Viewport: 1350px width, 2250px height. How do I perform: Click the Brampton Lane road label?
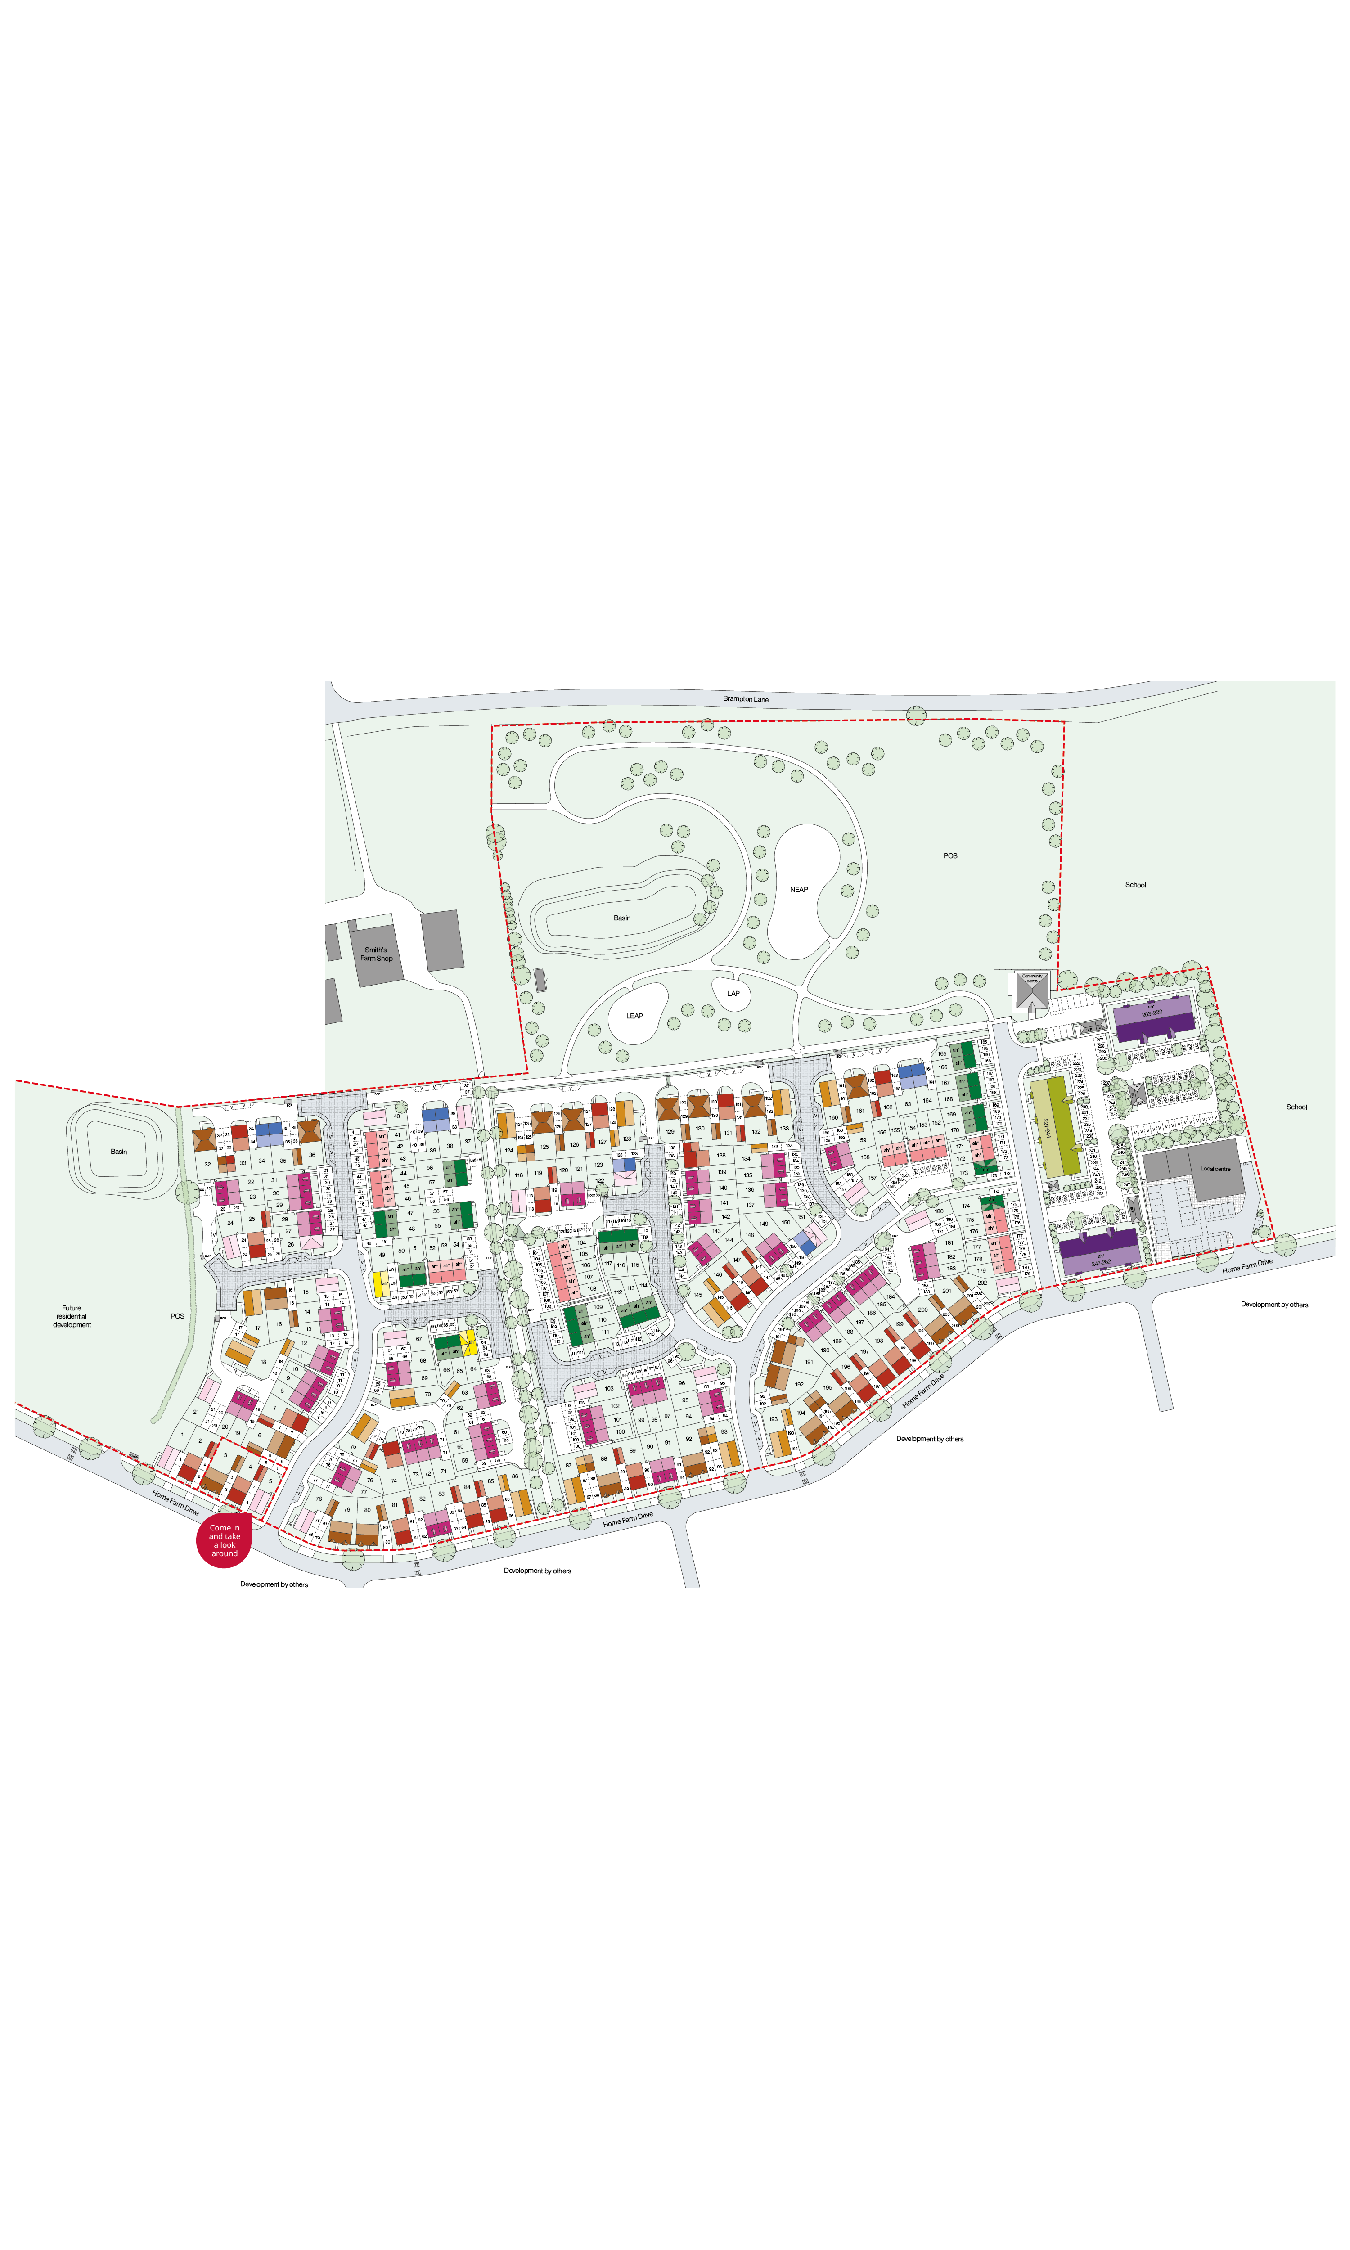pyautogui.click(x=745, y=699)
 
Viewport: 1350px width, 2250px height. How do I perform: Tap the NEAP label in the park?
pyautogui.click(x=799, y=890)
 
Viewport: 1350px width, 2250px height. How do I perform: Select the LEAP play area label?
pyautogui.click(x=634, y=1016)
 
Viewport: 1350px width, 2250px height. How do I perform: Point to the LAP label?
pyautogui.click(x=733, y=993)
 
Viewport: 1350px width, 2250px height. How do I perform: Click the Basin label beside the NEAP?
pyautogui.click(x=621, y=918)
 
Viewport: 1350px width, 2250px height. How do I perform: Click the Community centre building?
pyautogui.click(x=1032, y=991)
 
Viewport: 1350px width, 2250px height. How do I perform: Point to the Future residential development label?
pyautogui.click(x=72, y=1316)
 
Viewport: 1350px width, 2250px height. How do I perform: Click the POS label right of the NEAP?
pyautogui.click(x=950, y=856)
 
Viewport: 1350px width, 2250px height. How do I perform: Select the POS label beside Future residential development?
pyautogui.click(x=177, y=1316)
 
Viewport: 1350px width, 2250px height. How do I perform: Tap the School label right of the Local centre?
pyautogui.click(x=1296, y=1107)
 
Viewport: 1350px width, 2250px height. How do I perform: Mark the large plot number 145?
pyautogui.click(x=698, y=1294)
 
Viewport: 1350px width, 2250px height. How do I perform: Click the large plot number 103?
pyautogui.click(x=608, y=1389)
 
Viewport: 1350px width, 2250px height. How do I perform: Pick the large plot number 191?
pyautogui.click(x=809, y=1362)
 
